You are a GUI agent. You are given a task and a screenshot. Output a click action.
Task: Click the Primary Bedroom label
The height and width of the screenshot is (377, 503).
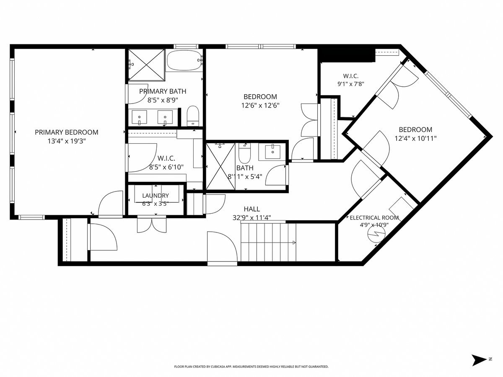pos(67,132)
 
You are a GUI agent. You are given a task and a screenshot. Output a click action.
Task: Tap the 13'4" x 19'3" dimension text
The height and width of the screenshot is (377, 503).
pos(67,141)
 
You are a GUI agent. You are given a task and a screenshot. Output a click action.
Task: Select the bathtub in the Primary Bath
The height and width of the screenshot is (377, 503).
pos(184,60)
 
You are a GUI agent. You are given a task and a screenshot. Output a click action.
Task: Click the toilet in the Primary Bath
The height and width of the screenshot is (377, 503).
pos(193,116)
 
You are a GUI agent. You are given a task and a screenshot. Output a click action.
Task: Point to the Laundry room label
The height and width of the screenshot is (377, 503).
pos(156,196)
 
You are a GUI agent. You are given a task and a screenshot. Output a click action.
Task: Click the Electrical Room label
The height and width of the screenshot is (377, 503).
pos(374,218)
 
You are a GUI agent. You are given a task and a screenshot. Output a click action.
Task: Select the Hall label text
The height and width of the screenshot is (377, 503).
pos(251,209)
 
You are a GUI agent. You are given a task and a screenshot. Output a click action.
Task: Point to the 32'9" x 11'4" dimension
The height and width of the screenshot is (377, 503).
pos(251,218)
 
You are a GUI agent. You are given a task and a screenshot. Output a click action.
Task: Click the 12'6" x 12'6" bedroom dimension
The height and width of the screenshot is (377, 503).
pos(260,106)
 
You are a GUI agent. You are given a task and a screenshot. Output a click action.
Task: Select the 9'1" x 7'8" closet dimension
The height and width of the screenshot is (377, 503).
pos(351,84)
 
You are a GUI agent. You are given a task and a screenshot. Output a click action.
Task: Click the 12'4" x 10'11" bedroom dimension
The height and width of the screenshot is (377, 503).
pos(415,139)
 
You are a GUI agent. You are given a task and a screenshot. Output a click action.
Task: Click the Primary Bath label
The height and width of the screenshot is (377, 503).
pos(163,91)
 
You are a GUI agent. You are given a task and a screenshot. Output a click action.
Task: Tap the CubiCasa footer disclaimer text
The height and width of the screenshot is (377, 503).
pos(251,367)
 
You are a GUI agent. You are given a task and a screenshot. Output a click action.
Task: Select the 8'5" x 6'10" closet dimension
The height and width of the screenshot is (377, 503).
pos(166,167)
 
